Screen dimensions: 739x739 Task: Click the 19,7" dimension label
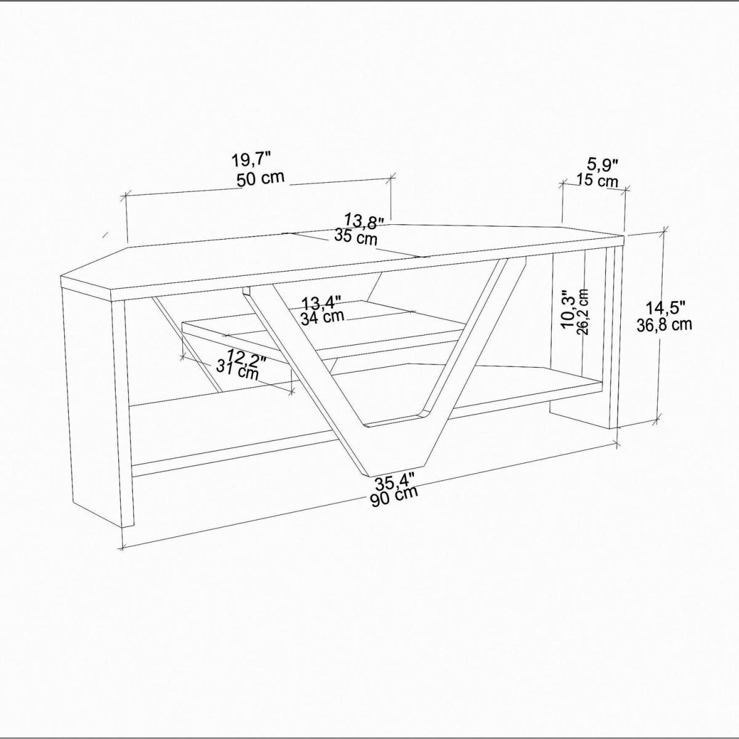pos(252,160)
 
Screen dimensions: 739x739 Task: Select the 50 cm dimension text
pos(260,179)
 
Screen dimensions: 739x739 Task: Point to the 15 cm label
pos(597,180)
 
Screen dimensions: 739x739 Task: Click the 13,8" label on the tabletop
pos(365,221)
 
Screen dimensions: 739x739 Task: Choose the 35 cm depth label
pos(355,237)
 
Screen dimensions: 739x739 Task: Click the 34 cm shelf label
pos(322,318)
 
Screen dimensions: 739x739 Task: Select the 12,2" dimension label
pos(247,359)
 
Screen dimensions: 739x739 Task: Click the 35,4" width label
pos(395,483)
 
